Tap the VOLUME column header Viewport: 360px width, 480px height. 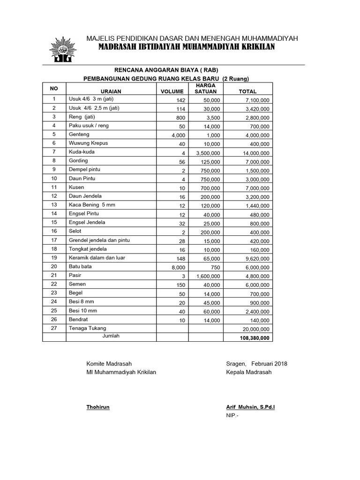[x=172, y=91]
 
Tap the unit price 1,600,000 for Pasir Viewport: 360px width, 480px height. [x=206, y=276]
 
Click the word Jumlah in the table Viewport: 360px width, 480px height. [x=111, y=336]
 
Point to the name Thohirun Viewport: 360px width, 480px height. [x=98, y=407]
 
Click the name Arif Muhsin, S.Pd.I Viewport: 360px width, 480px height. [x=250, y=407]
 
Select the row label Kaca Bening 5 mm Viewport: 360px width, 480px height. [x=91, y=204]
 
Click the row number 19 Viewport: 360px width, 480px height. [x=54, y=257]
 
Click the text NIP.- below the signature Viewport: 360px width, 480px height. [x=232, y=415]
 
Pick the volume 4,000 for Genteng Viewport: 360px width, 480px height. [x=178, y=135]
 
